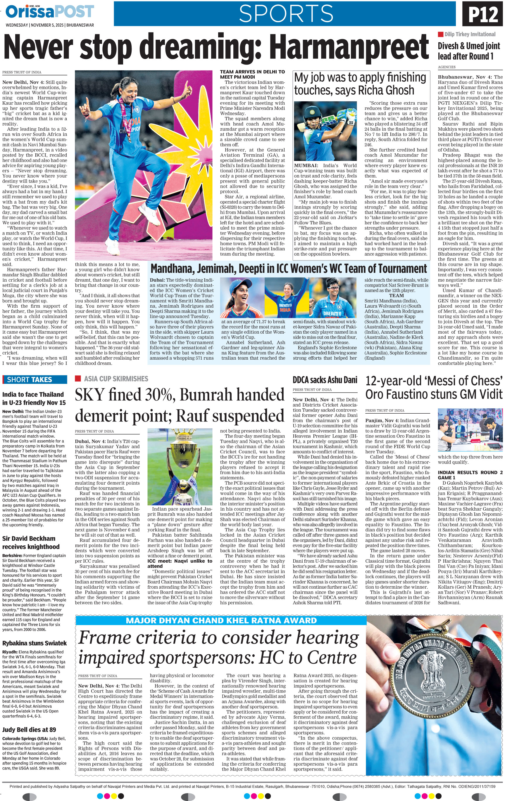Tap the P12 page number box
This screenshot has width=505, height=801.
click(483, 14)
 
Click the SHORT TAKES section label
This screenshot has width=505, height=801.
click(30, 379)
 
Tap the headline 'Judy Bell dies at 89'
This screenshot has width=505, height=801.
click(29, 729)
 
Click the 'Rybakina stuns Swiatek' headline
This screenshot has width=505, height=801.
click(35, 643)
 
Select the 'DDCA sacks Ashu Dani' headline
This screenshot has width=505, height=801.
click(325, 380)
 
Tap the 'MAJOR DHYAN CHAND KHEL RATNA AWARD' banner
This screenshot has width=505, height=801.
click(221, 620)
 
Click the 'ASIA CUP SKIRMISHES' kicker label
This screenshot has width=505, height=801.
click(116, 379)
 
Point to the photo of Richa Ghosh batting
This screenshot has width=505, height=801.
click(325, 131)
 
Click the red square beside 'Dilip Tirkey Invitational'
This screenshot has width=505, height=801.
click(440, 34)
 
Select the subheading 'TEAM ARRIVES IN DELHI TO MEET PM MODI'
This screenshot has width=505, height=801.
click(252, 74)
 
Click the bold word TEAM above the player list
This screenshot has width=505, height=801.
click(396, 295)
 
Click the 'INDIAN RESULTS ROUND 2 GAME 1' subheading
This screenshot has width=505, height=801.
click(470, 475)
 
